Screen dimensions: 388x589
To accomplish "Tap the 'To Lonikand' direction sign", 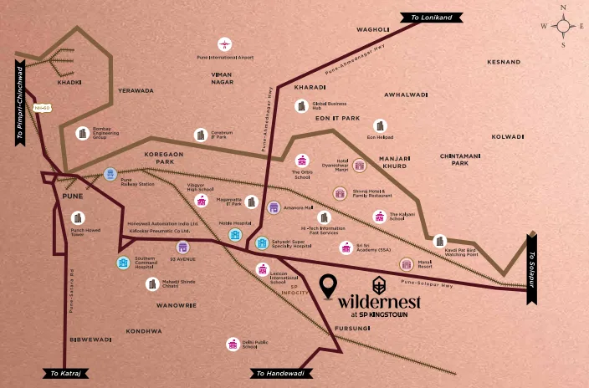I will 425,17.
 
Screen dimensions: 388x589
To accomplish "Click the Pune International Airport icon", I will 224,43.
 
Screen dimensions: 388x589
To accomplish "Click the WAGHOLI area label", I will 373,29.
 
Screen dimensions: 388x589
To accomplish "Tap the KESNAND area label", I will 504,62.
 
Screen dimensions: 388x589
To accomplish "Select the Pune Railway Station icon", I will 110,174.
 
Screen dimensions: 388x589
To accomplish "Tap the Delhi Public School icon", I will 233,344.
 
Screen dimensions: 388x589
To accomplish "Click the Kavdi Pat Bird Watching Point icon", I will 440,241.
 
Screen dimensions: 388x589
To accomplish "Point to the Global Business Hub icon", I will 300,105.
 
